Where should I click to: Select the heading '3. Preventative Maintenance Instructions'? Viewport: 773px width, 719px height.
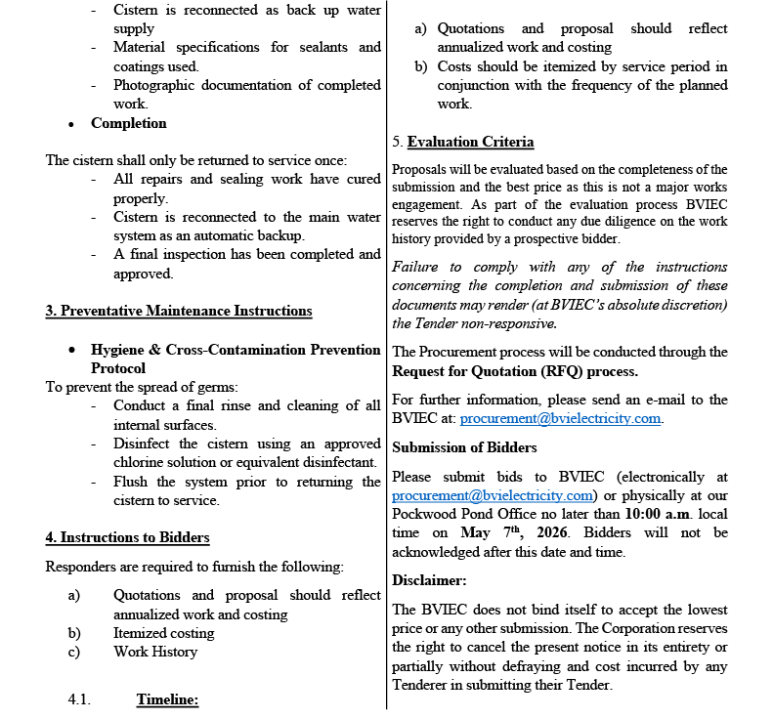click(x=179, y=311)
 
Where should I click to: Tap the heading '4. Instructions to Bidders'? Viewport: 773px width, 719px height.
click(x=127, y=537)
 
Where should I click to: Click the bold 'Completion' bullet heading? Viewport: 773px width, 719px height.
click(x=129, y=123)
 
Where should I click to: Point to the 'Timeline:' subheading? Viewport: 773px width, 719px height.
click(x=167, y=699)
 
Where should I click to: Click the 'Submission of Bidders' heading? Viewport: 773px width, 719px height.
click(x=464, y=447)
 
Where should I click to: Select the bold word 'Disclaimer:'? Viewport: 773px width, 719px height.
click(x=429, y=580)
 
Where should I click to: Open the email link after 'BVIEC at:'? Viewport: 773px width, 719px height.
click(x=561, y=418)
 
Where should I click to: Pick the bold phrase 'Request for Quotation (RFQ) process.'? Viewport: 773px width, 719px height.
click(x=515, y=371)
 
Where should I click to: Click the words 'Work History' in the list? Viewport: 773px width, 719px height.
click(x=155, y=652)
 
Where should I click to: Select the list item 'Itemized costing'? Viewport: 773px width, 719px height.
click(x=163, y=633)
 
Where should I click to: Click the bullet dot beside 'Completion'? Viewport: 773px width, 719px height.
click(x=72, y=124)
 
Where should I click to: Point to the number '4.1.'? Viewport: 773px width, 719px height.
click(x=79, y=699)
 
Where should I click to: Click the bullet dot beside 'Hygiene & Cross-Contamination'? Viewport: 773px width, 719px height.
click(x=72, y=350)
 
